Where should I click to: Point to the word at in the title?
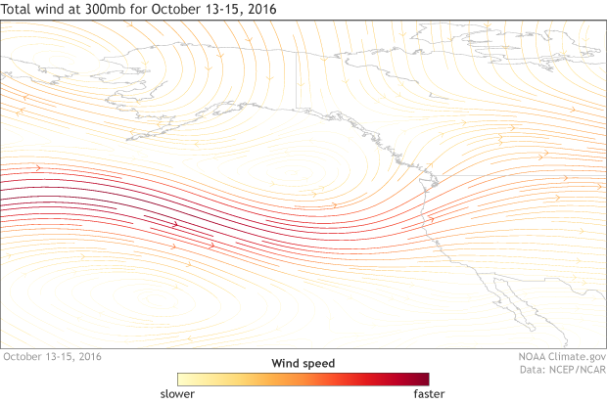coord(70,10)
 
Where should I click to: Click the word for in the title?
coord(131,10)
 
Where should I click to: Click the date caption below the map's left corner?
coord(52,357)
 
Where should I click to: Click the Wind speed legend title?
coord(303,363)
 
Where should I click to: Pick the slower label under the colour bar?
coord(177,393)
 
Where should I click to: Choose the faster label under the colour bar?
coord(429,393)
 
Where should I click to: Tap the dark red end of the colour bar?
coord(423,379)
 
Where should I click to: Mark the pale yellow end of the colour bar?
coord(183,379)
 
